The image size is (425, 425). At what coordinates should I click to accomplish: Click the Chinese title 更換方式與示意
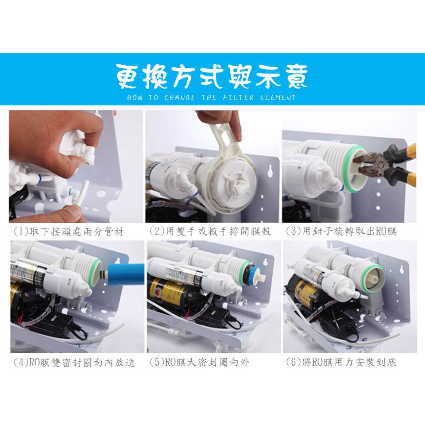[212, 77]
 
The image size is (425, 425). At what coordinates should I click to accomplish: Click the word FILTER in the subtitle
[238, 97]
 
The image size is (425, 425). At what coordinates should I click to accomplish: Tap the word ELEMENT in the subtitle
[278, 97]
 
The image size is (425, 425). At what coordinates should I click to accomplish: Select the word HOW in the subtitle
[135, 97]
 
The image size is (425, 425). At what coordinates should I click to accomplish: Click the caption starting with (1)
[69, 232]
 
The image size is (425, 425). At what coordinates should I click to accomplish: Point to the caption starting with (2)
[210, 231]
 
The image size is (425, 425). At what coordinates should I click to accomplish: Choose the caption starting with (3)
[341, 231]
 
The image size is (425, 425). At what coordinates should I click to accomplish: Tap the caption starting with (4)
[74, 363]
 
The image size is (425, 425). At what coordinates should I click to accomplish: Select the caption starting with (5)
[199, 363]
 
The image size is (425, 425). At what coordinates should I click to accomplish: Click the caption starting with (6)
[341, 363]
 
